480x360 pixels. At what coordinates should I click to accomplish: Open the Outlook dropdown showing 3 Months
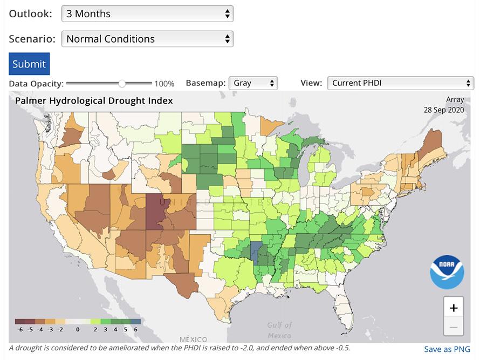coord(147,13)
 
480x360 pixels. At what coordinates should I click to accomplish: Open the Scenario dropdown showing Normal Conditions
coord(147,39)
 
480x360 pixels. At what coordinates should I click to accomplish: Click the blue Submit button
coord(29,64)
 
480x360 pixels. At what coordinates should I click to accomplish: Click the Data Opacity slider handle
coord(122,84)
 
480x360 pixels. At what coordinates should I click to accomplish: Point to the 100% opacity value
coord(164,84)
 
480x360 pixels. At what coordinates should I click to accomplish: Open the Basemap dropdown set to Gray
coord(253,83)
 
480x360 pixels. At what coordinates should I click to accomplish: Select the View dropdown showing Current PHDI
coord(400,83)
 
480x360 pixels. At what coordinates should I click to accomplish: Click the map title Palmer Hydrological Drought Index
coord(94,100)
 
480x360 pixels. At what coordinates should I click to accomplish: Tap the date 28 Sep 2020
coord(444,110)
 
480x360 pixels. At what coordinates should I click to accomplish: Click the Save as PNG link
coord(447,349)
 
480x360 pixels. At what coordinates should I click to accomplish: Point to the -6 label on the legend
coord(20,329)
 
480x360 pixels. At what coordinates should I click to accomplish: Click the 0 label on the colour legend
coord(78,329)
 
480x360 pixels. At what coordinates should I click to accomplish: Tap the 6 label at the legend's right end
coord(136,329)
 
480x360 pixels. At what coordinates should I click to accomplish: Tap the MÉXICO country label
coord(193,339)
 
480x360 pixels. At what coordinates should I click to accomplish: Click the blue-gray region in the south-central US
coord(256,251)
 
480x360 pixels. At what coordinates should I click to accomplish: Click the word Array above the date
coord(455,100)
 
